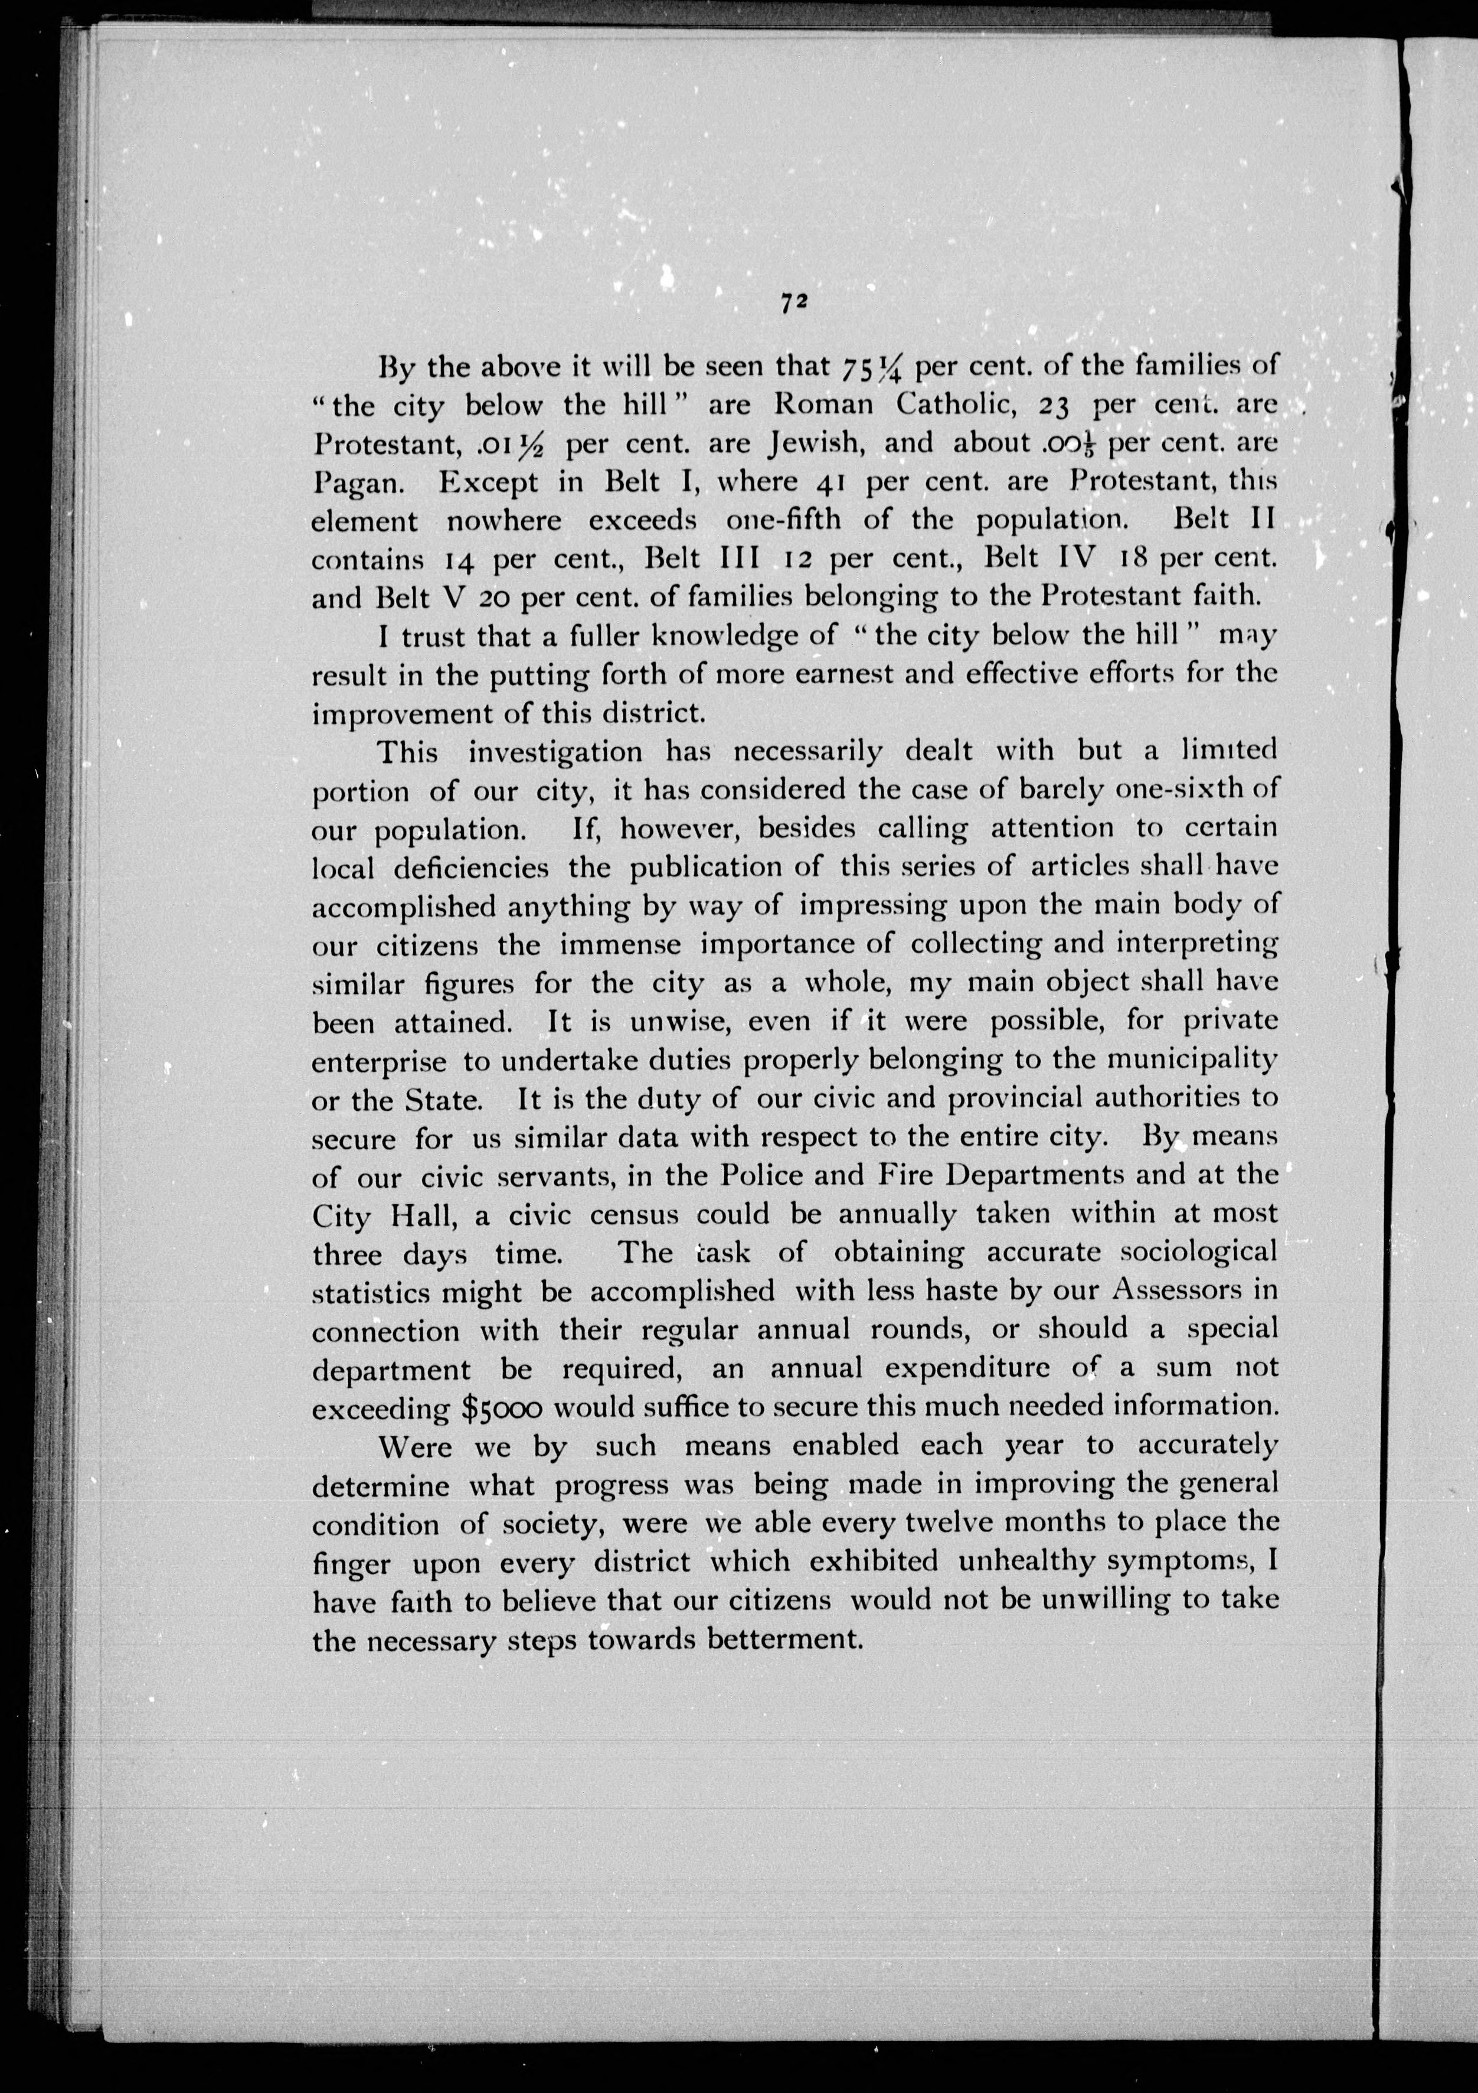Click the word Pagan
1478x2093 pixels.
pyautogui.click(x=355, y=483)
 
